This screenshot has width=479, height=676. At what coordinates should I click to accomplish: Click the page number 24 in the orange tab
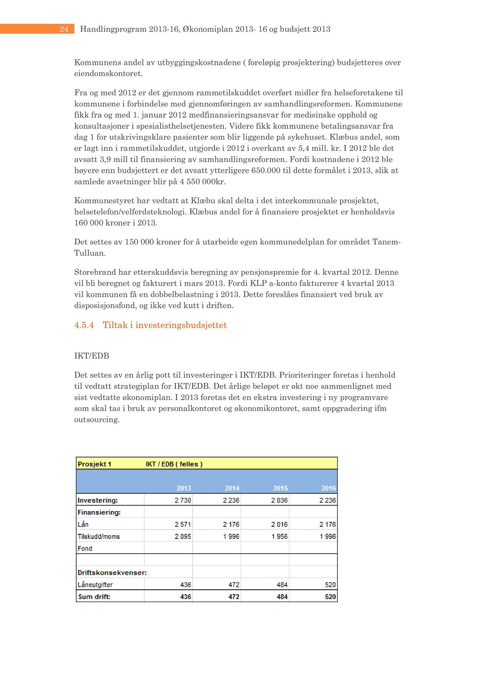pos(64,29)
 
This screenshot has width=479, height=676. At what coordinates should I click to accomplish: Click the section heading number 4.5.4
pos(84,325)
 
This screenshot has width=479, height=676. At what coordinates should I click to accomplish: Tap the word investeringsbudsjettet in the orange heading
pos(181,325)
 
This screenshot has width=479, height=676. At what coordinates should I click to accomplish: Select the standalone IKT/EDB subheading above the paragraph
pos(91,356)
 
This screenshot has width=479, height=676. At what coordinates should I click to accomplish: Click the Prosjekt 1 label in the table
pos(94,464)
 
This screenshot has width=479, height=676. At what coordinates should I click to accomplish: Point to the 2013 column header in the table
pos(184,488)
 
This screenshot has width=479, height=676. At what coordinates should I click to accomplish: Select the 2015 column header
pos(280,488)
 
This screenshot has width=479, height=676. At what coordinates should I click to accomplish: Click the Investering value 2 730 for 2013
pos(182,500)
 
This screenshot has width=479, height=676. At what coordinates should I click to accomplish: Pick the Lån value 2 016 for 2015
pos(279,524)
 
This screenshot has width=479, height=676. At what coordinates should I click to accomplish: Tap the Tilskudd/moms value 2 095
pos(182,536)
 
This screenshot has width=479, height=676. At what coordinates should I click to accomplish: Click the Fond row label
pos(85,548)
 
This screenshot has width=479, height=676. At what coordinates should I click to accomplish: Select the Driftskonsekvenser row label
pos(112,573)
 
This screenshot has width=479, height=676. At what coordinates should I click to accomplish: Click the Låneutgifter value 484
pos(282,585)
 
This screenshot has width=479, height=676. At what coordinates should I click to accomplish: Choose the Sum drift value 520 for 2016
pos(330,597)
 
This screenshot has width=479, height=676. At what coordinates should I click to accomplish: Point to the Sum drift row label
pos(94,597)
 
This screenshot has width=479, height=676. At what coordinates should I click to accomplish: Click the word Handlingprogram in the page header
pos(113,29)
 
